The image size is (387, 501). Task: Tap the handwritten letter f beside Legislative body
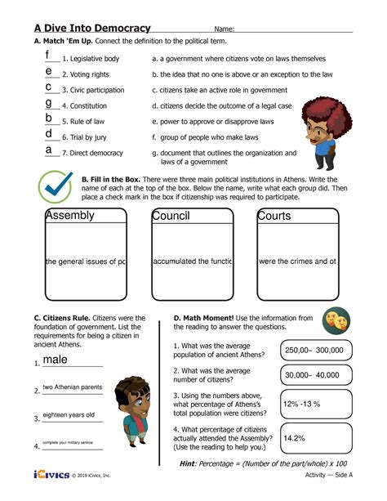48,56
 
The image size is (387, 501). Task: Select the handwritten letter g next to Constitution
49,103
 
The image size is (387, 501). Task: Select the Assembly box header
70,217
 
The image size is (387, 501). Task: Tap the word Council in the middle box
171,217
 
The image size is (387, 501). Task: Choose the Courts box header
275,217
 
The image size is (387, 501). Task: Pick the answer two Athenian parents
73,387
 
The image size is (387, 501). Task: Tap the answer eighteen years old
69,415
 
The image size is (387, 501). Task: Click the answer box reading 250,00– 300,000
314,350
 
